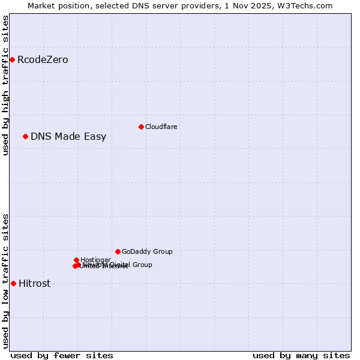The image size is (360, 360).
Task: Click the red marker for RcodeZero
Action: click(12, 59)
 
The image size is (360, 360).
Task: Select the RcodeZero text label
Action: click(43, 60)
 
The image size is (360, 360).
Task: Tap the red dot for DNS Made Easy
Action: click(25, 136)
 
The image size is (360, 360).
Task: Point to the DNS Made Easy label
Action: click(68, 137)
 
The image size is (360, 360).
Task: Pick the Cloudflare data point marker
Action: click(141, 127)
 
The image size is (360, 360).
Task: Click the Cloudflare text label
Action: click(161, 127)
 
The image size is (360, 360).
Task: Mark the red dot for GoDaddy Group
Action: click(118, 251)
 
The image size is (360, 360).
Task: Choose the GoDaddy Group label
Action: click(147, 252)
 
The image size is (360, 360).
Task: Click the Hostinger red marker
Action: click(76, 260)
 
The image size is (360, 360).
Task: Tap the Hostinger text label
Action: click(96, 260)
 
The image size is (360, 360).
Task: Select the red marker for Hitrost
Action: click(13, 283)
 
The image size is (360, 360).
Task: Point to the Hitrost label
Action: click(34, 284)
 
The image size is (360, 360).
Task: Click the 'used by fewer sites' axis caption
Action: click(62, 355)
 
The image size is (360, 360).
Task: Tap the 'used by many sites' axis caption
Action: click(301, 355)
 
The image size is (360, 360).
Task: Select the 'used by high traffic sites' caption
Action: click(6, 85)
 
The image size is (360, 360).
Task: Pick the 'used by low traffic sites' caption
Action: click(6, 280)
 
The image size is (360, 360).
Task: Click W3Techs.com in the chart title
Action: click(308, 5)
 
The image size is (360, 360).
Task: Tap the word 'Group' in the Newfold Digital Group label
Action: click(142, 265)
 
